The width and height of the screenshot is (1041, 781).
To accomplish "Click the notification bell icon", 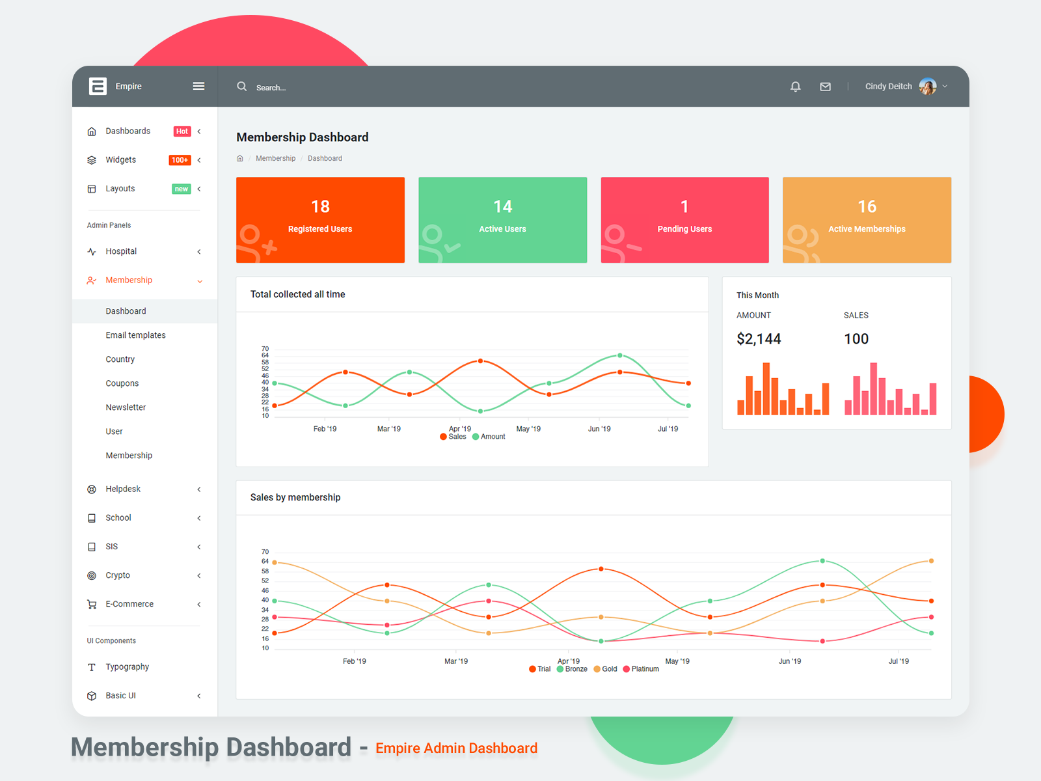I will (795, 87).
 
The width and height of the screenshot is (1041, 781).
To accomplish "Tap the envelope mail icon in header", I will (825, 87).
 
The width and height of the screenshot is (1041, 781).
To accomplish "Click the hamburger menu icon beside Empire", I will (198, 86).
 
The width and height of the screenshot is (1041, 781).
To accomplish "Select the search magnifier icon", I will (241, 86).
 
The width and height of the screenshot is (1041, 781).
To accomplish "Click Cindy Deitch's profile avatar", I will (927, 86).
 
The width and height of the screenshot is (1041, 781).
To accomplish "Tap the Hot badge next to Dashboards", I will (182, 131).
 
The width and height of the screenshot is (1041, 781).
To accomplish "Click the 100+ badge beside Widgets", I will (180, 160).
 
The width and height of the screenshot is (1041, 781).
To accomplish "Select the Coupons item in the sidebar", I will (122, 383).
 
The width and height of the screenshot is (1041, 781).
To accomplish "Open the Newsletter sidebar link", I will (126, 407).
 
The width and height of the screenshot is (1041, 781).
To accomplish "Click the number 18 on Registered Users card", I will (320, 206).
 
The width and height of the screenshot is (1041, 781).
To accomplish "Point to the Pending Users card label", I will (684, 229).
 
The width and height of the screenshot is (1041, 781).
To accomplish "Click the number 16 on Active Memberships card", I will (867, 206).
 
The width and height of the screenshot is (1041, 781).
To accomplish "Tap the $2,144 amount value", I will (759, 339).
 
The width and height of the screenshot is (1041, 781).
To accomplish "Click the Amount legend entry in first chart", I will (489, 437).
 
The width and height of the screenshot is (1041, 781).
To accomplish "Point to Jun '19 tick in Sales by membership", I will (790, 661).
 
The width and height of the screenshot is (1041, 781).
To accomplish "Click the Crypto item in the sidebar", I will (118, 575).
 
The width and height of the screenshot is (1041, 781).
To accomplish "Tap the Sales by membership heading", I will (295, 497).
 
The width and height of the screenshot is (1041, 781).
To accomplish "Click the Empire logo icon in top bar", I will (98, 86).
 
